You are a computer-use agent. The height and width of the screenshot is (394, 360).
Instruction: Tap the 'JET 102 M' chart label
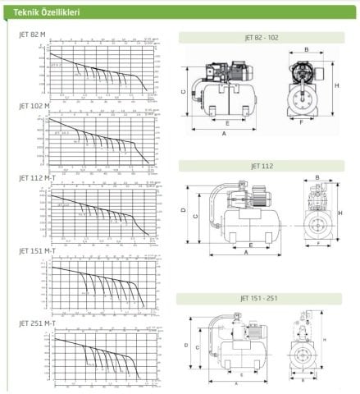pyautogui.click(x=34, y=106)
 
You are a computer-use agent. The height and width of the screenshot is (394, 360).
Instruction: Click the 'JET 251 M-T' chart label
pyautogui.click(x=37, y=323)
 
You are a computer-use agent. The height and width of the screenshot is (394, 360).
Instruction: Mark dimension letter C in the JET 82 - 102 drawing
pyautogui.click(x=185, y=92)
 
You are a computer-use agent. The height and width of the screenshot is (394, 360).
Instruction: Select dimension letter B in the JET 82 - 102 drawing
pyautogui.click(x=306, y=49)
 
